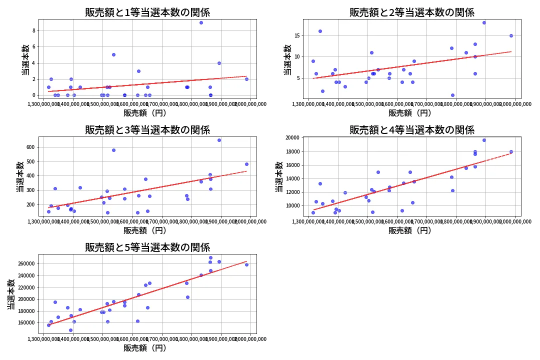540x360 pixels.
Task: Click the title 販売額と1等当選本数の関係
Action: coord(147,12)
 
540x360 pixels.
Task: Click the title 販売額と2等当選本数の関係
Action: coord(412,12)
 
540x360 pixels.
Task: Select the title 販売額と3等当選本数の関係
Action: coord(147,130)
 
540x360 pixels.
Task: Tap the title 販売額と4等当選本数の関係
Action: coord(412,130)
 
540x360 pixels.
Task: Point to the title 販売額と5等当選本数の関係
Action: coord(147,247)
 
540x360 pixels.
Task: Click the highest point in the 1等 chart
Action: coord(201,22)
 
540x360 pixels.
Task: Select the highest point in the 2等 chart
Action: coord(484,22)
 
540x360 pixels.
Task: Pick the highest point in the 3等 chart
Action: coord(219,140)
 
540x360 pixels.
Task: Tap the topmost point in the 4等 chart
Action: coord(484,140)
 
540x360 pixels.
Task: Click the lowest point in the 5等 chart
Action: coord(70,330)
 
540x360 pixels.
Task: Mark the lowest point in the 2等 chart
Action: coord(452,95)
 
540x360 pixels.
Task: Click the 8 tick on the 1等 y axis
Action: coord(35,30)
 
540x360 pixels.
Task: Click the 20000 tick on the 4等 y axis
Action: coord(291,138)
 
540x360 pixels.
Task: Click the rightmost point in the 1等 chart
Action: coord(246,79)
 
